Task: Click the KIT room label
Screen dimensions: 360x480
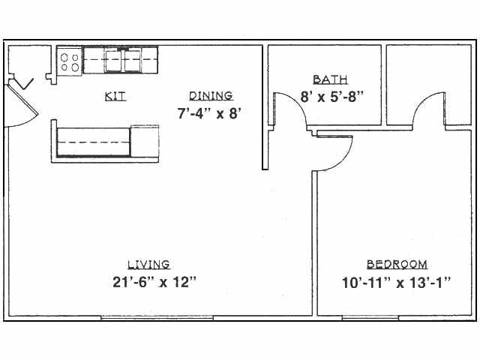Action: click(x=115, y=96)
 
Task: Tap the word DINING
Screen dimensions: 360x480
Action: click(x=211, y=95)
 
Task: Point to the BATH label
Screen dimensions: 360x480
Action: click(x=330, y=79)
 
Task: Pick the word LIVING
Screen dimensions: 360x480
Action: click(x=148, y=264)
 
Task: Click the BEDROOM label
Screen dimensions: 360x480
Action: click(x=397, y=264)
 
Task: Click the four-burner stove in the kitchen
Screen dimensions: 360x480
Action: click(x=70, y=61)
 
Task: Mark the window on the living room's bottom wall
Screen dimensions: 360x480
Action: click(x=158, y=319)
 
